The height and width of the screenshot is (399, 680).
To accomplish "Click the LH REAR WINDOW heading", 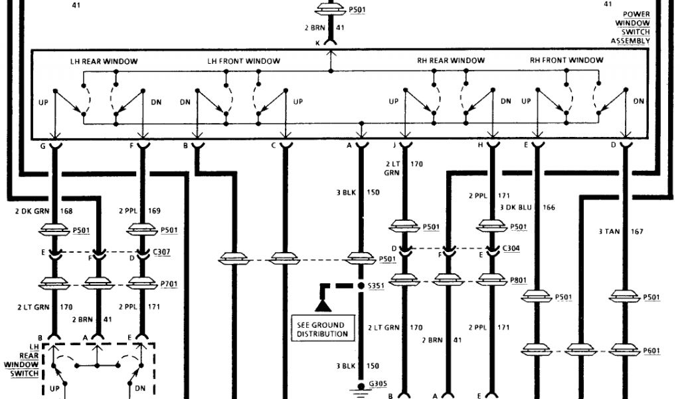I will point(104,62).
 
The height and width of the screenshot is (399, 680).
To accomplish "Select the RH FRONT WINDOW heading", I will point(566,61).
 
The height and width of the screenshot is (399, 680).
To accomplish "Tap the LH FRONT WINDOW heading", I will point(244,62).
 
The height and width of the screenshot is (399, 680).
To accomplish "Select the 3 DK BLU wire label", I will point(521,207).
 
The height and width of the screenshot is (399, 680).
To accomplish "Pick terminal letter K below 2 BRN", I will point(317,42).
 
